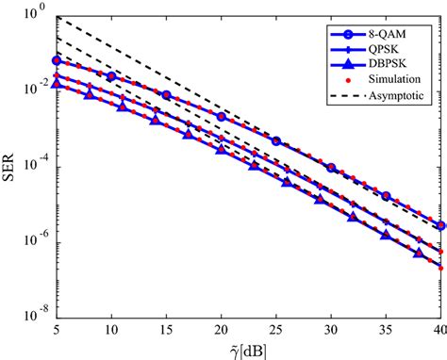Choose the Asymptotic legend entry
click(399, 98)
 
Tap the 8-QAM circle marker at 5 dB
click(57, 60)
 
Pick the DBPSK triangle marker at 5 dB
click(57, 85)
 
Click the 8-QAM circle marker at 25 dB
click(276, 140)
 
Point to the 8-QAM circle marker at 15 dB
click(166, 95)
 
